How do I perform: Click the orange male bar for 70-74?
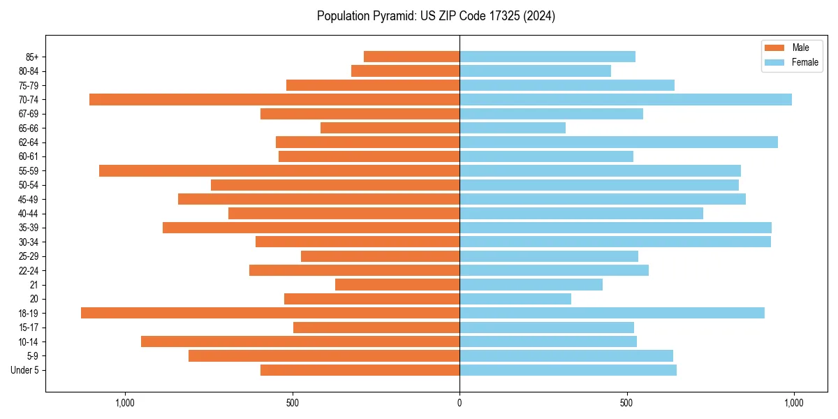(x=274, y=100)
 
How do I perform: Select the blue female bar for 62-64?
(x=619, y=142)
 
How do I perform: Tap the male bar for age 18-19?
(x=270, y=313)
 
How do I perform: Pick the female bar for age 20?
(x=515, y=299)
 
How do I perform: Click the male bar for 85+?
(x=411, y=57)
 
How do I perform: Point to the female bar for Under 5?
(x=568, y=370)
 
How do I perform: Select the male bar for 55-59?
(x=279, y=171)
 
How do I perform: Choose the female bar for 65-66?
(x=513, y=128)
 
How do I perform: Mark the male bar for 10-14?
(x=300, y=341)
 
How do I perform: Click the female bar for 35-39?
(x=615, y=228)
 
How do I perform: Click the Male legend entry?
(x=800, y=47)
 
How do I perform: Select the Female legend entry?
(x=804, y=62)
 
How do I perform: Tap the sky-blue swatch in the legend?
(x=775, y=62)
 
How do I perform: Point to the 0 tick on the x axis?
(x=460, y=403)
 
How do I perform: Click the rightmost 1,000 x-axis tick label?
(x=794, y=403)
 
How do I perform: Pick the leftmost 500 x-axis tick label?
(x=293, y=403)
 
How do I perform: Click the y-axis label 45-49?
(x=28, y=200)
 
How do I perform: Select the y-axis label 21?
(x=34, y=285)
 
